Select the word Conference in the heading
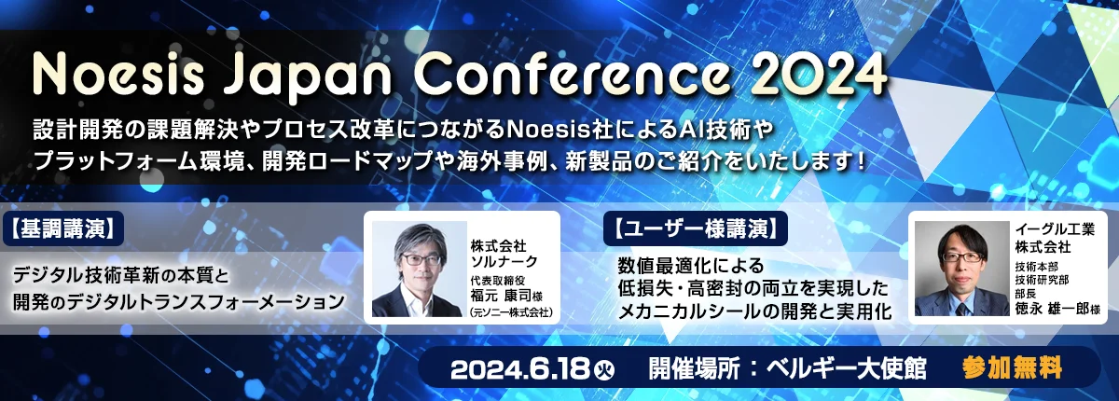tap(572, 76)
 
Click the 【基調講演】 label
tap(63, 228)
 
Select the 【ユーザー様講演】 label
tap(696, 228)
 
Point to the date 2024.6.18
tap(519, 369)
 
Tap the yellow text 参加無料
tap(1012, 368)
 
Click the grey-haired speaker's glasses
tap(421, 259)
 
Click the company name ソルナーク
tap(504, 261)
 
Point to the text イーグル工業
tap(1055, 229)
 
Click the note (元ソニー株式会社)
tap(511, 313)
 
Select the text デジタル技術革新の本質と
tap(120, 275)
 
